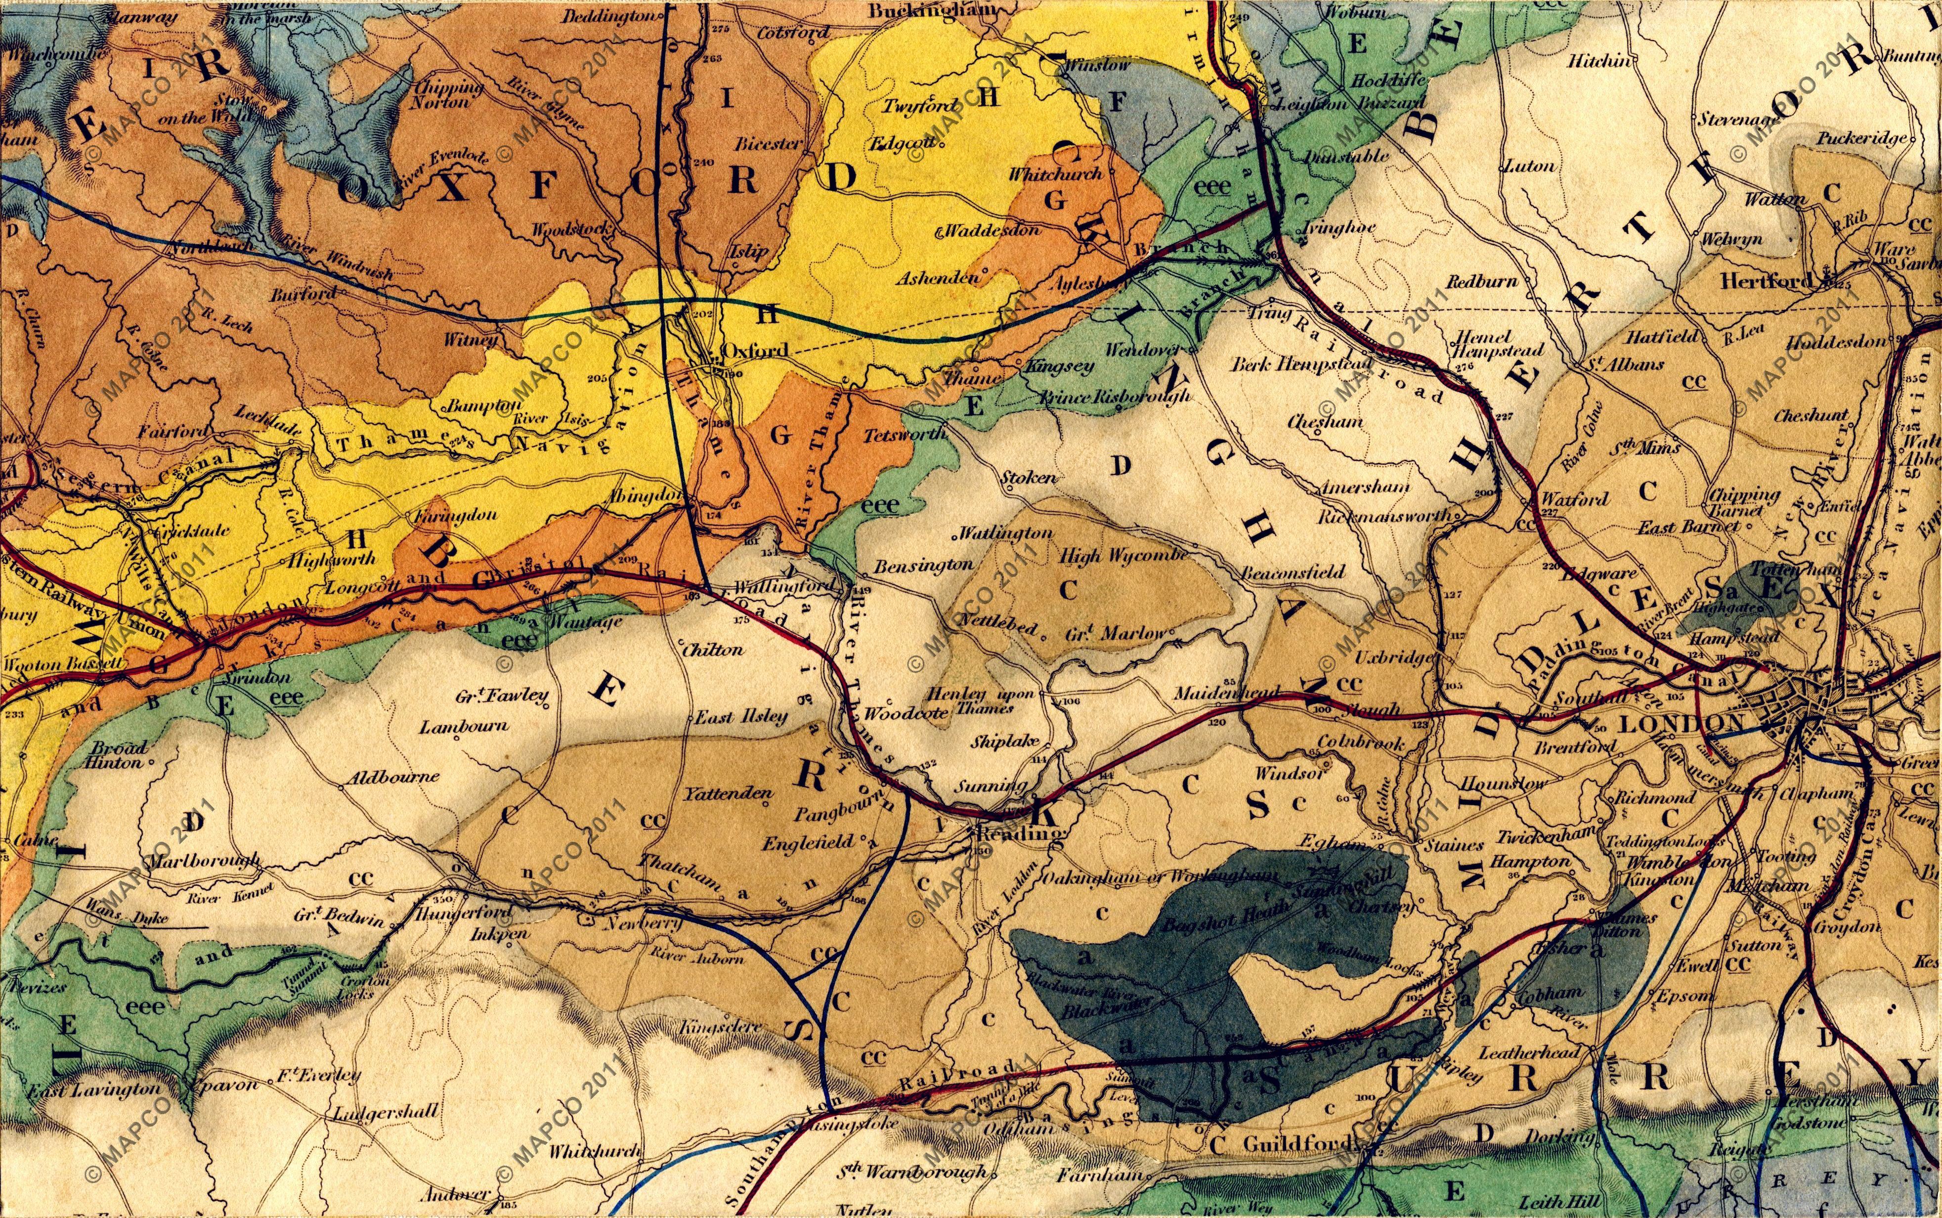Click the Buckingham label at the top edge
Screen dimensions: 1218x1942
coord(932,11)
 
